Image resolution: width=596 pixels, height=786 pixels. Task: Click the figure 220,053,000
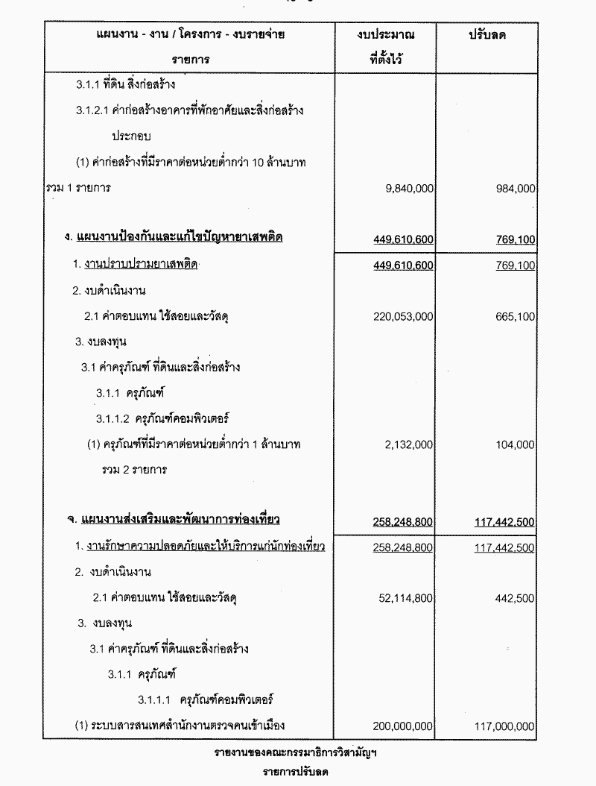pos(403,316)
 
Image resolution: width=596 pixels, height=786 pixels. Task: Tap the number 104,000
pos(515,444)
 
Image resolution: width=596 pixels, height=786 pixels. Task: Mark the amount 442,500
pos(515,597)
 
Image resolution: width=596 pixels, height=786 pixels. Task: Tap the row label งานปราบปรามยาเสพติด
pos(140,265)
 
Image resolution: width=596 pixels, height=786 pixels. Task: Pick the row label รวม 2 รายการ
pos(135,470)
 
